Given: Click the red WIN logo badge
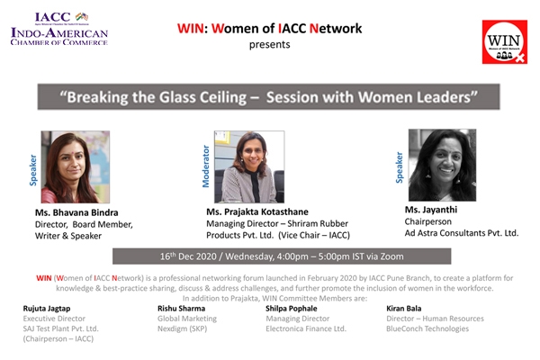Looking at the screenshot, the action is [x=505, y=42].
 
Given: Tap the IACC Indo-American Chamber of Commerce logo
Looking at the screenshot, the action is [x=59, y=29].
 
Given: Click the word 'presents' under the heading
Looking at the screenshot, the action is [x=270, y=45].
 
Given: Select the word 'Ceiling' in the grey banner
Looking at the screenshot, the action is [x=223, y=97].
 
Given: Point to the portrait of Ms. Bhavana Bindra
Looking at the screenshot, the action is [x=76, y=166].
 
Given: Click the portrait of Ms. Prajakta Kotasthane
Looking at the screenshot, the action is [x=249, y=166].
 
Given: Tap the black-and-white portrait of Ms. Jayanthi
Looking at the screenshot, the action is [x=442, y=165].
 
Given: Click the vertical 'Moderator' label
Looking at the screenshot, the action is [x=206, y=166].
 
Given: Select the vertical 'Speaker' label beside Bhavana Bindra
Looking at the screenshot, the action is [x=33, y=170].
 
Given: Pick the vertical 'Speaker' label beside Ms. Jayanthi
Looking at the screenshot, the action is [x=400, y=167].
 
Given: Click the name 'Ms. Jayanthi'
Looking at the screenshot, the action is [x=431, y=210].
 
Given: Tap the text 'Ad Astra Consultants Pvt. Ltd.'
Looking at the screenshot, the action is [x=462, y=233].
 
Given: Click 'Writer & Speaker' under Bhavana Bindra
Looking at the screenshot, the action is [x=68, y=236].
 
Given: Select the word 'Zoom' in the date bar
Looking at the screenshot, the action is [x=391, y=256].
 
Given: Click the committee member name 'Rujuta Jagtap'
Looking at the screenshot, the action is [x=47, y=309].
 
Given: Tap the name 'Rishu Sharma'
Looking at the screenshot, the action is [x=182, y=309].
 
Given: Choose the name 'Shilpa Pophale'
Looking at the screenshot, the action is [x=292, y=309].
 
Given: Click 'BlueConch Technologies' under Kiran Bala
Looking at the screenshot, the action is [x=427, y=329].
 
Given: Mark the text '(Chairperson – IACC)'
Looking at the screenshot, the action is [x=58, y=339].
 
